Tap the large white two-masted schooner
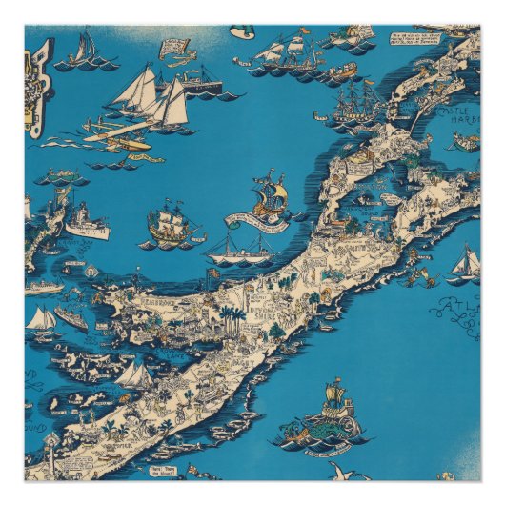pyautogui.click(x=152, y=100)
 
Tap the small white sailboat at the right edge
pyautogui.click(x=466, y=262)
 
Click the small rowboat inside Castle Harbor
pyautogui.click(x=464, y=143)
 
